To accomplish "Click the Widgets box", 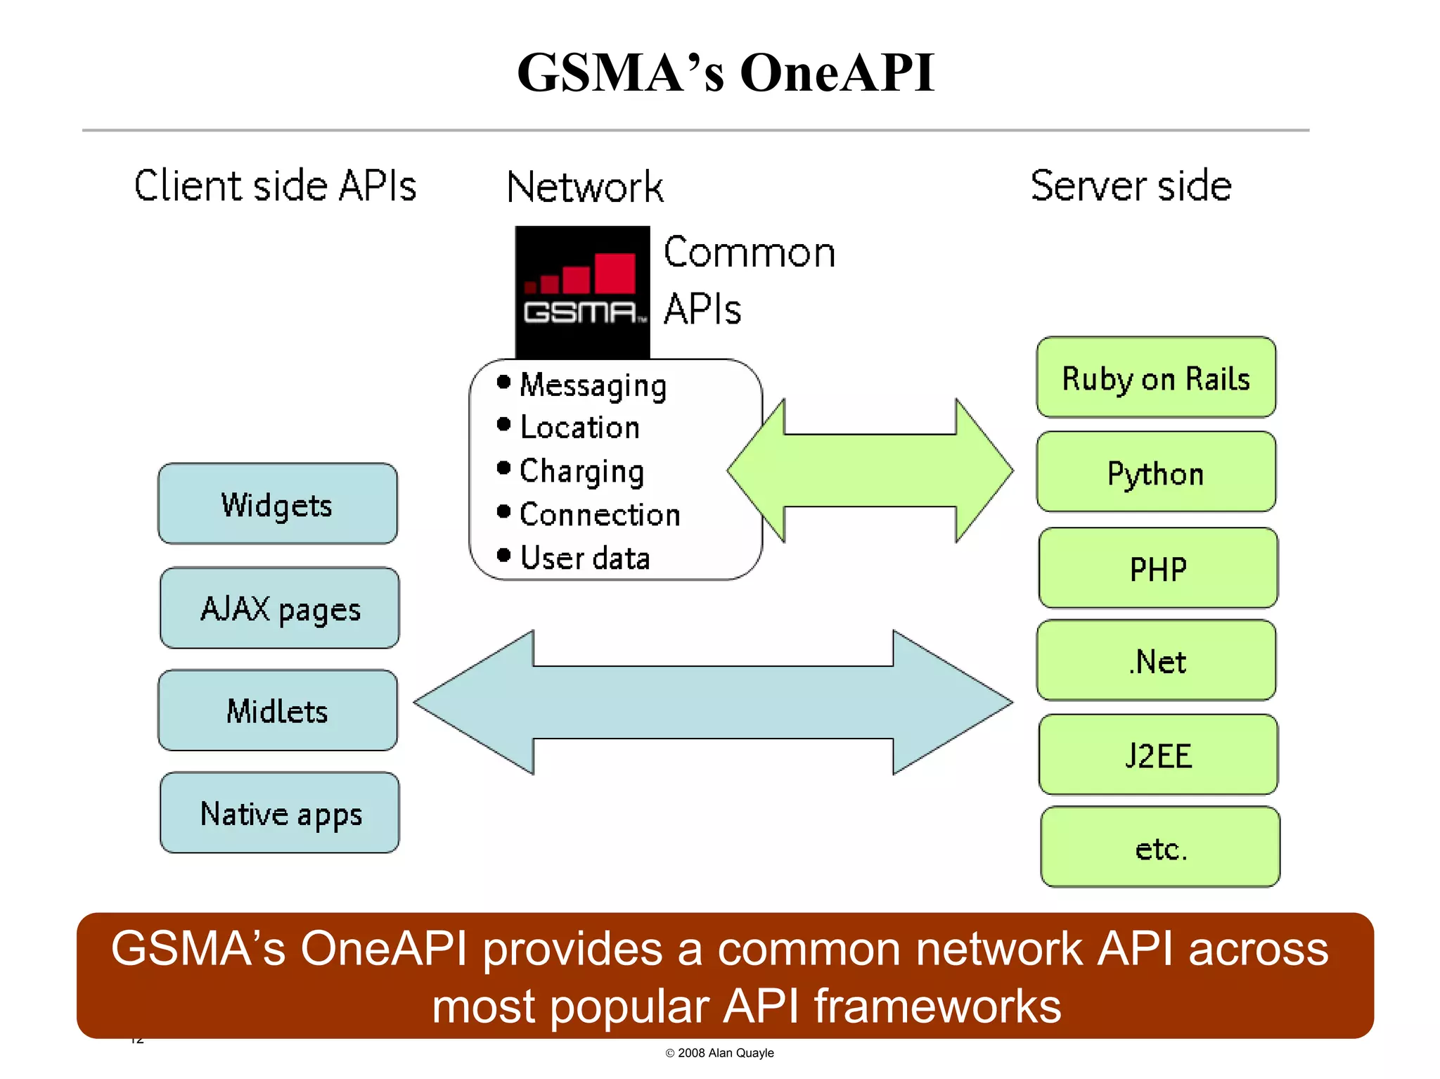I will click(x=277, y=504).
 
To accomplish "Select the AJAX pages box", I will click(x=279, y=608).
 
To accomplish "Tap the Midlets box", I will click(x=277, y=710).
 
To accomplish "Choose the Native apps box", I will click(x=279, y=813).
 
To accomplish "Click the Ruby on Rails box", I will click(x=1155, y=378).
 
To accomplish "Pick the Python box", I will click(x=1155, y=472).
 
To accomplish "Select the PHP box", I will click(x=1157, y=568).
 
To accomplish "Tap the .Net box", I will click(x=1156, y=660).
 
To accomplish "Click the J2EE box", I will click(x=1157, y=755).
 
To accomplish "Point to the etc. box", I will click(x=1159, y=848).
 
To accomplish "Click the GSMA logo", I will click(x=582, y=292).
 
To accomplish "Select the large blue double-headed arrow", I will click(x=713, y=702).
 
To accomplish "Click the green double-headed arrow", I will click(x=870, y=471).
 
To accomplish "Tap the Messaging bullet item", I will click(x=592, y=385).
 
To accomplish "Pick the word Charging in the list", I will click(x=581, y=471).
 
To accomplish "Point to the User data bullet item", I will click(x=584, y=558).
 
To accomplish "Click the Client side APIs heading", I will click(x=275, y=186).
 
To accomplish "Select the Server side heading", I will click(x=1131, y=186).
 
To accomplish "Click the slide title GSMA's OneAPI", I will click(x=725, y=72).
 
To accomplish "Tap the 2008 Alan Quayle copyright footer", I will click(x=719, y=1053).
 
